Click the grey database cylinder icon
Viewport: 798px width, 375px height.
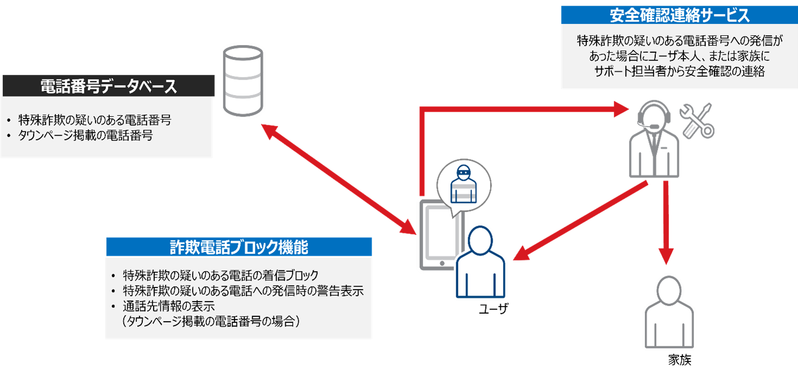tap(242, 81)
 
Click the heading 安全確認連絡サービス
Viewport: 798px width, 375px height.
tap(680, 15)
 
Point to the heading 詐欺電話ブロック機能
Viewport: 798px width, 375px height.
tap(238, 247)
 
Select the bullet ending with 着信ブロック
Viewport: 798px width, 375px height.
tap(221, 274)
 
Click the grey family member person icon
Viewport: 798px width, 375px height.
tap(669, 313)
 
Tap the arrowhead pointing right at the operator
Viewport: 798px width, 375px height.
tap(622, 110)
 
